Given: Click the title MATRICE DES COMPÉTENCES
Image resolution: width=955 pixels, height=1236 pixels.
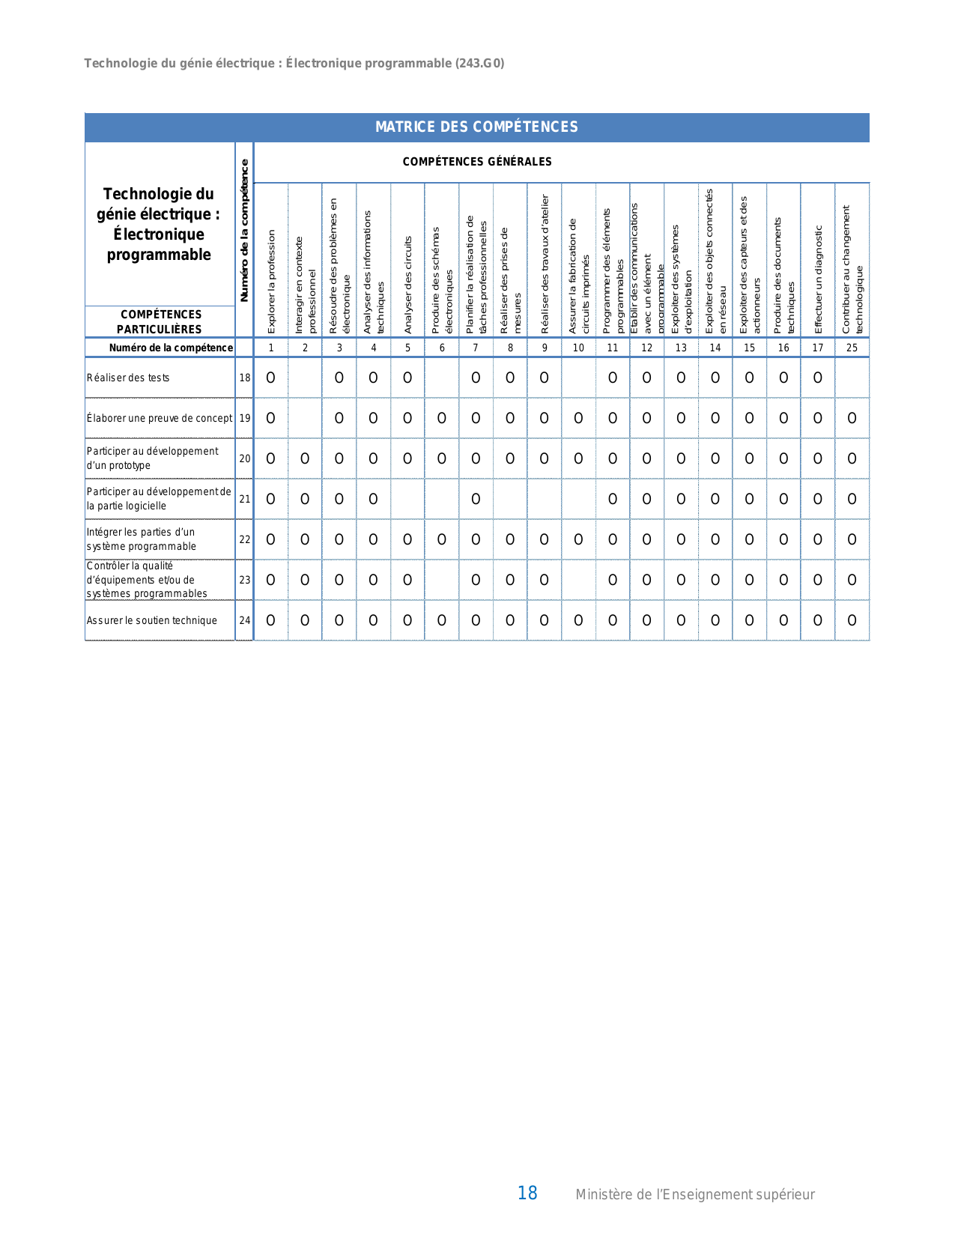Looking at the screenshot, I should pos(476,127).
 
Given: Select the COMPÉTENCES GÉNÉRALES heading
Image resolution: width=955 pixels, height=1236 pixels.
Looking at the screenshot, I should pos(476,162).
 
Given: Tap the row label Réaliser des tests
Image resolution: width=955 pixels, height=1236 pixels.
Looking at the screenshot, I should pos(128,378).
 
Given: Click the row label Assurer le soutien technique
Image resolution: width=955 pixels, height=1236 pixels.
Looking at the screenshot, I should pos(152,620).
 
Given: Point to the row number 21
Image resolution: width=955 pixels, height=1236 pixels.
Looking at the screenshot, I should pos(245,499).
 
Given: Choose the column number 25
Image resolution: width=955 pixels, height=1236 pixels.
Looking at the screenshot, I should pos(852,348).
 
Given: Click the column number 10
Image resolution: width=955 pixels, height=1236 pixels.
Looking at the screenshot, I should pos(578,348).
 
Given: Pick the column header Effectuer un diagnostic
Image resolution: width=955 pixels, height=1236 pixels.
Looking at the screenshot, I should pos(818,279).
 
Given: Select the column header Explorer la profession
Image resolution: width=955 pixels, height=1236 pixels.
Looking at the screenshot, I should pos(271,281).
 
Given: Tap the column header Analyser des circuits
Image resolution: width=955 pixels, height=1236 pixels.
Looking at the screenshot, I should pos(407,285).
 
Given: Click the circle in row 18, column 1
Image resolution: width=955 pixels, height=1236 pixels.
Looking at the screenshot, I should pos(271,378).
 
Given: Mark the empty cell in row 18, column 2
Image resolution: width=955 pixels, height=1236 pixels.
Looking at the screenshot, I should pos(305,378).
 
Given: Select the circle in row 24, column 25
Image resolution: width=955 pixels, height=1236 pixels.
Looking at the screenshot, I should pos(852,620).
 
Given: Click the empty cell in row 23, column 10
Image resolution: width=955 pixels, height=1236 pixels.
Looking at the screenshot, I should pos(578,580).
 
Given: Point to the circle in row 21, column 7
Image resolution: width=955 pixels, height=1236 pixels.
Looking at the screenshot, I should pos(476,499).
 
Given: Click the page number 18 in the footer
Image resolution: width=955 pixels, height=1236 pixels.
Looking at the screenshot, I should pos(527,1193).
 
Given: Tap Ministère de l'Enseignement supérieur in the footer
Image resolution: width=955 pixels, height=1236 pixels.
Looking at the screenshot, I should pos(694,1195).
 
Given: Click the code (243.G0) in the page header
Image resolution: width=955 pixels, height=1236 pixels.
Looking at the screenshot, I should pos(479,64).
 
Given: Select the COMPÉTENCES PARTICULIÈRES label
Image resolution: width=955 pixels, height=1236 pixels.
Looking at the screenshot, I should pos(161,322).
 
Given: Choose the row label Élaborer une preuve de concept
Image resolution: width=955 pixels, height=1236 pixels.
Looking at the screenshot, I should pos(160,418).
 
